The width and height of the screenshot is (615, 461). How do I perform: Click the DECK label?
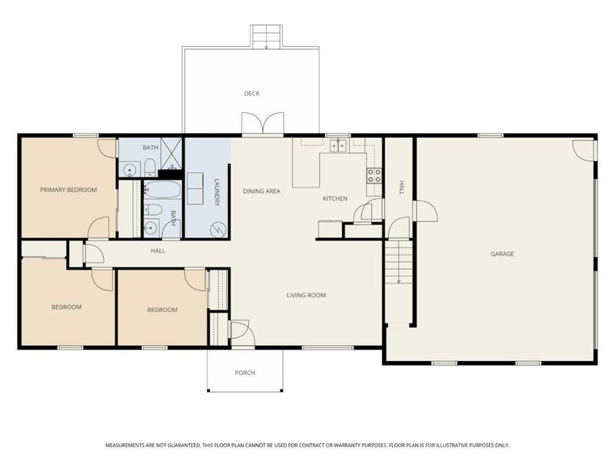click(x=251, y=94)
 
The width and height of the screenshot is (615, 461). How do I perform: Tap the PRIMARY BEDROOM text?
click(x=68, y=189)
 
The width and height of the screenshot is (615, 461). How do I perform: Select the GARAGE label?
click(x=503, y=254)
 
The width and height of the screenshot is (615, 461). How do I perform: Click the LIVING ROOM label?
click(x=306, y=295)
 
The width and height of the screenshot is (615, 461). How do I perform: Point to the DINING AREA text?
click(x=261, y=191)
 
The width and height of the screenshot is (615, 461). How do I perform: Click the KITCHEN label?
click(x=334, y=198)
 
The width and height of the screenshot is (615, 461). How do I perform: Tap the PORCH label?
click(x=244, y=373)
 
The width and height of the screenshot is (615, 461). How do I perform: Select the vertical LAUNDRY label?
click(x=217, y=194)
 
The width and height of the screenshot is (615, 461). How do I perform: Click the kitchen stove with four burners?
click(x=374, y=175)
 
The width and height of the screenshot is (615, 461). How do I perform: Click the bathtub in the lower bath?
click(x=161, y=190)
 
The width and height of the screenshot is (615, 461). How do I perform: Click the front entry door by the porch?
click(x=238, y=330)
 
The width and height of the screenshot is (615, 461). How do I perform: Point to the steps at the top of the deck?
click(x=266, y=36)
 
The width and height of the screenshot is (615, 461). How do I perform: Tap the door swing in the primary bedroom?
click(x=99, y=227)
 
